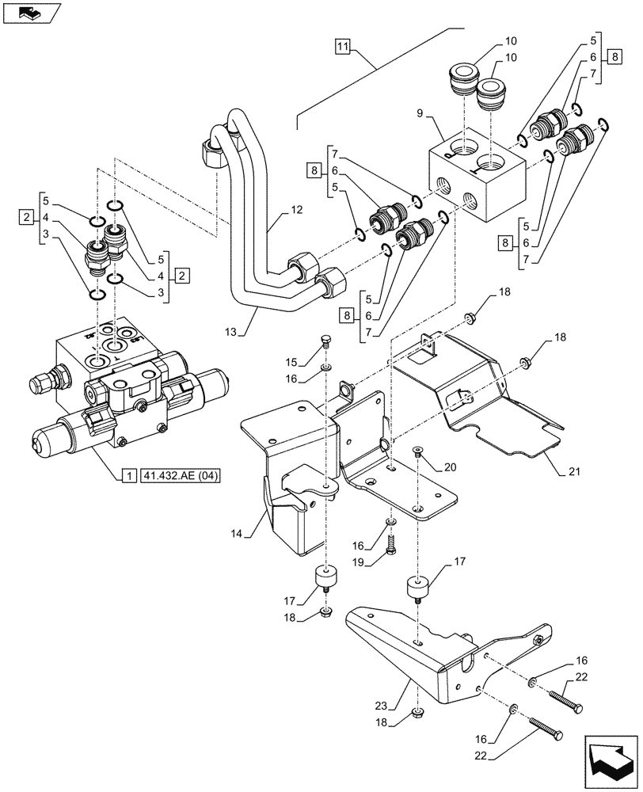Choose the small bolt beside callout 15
point(325,344)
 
